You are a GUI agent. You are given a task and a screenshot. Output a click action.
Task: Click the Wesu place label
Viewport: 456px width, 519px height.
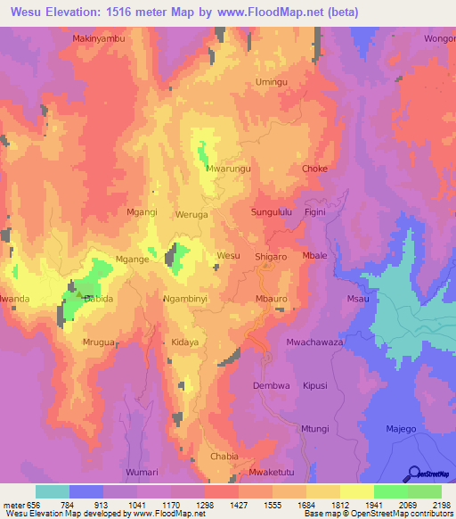click(x=228, y=255)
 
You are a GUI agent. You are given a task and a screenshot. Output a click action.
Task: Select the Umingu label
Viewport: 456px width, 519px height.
click(x=273, y=82)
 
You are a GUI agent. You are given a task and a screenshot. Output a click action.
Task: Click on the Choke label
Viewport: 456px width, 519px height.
click(x=315, y=169)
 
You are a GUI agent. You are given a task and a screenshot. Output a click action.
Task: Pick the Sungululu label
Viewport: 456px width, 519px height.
click(x=273, y=213)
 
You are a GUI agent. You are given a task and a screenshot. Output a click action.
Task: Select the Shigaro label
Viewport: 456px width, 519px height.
click(x=272, y=256)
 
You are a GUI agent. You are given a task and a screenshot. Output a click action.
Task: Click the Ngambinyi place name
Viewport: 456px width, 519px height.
click(x=185, y=300)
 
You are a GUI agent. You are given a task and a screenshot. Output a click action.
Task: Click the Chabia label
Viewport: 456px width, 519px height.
click(x=224, y=456)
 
